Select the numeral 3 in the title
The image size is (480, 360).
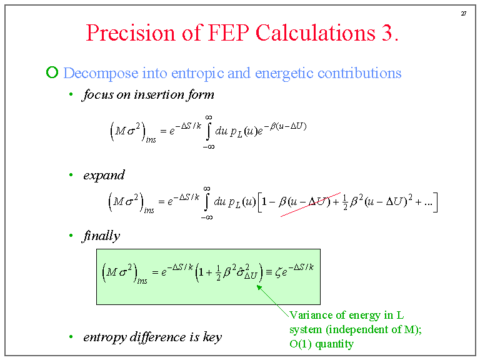click(x=387, y=32)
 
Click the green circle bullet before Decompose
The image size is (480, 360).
click(x=52, y=72)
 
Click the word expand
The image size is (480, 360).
click(x=104, y=175)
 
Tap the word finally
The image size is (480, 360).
click(x=101, y=236)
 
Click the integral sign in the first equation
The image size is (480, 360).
click(x=208, y=131)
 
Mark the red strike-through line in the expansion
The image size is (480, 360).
click(x=311, y=204)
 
